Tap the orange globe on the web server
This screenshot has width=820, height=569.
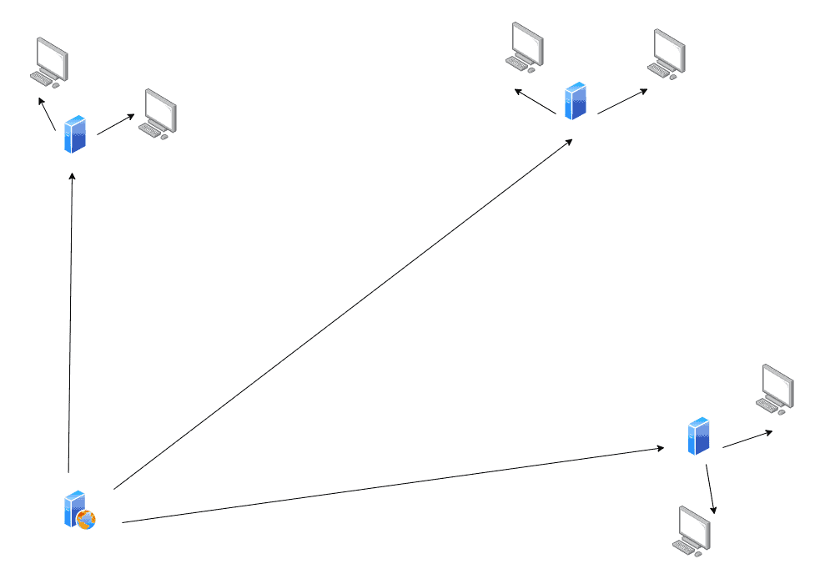point(86,520)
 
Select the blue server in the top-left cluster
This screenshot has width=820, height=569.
point(75,134)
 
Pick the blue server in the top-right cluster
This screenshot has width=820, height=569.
point(576,100)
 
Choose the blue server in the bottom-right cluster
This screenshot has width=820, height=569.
point(698,436)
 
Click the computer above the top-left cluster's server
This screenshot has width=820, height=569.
point(49,62)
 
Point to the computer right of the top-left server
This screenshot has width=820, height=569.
point(158,113)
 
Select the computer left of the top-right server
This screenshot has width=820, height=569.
point(526,46)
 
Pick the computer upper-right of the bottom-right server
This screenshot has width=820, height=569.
point(776,388)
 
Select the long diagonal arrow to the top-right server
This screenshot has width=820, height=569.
point(342,313)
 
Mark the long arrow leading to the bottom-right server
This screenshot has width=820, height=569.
point(392,486)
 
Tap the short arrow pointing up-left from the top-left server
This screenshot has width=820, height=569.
point(47,114)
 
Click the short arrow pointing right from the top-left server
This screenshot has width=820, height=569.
point(116,124)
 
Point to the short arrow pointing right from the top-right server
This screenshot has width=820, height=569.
point(622,102)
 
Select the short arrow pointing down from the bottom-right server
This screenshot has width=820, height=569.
point(711,489)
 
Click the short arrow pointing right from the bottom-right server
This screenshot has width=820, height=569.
point(747,439)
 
